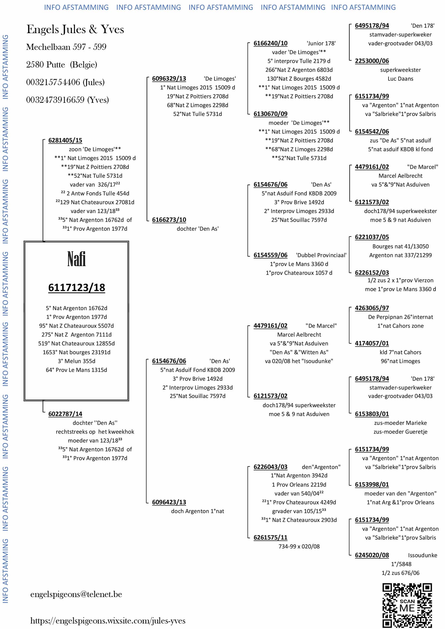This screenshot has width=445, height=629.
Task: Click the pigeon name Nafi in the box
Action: coord(76,259)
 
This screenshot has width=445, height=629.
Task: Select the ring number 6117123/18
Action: coord(76,288)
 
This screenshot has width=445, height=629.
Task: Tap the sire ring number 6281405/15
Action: coord(65,140)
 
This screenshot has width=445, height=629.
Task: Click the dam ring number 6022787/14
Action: coord(65,414)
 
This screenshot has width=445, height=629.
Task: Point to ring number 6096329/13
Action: coord(169,79)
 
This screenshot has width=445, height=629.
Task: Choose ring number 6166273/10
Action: coord(169,220)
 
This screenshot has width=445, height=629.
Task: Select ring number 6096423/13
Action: coord(169,502)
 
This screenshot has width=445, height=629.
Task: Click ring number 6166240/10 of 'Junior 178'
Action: coord(270,43)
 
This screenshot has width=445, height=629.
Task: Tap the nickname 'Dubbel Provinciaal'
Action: coord(321,255)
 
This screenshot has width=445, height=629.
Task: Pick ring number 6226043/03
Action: coord(270,467)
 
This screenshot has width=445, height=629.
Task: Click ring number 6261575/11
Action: coord(270,537)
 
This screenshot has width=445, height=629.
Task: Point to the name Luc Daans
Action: coord(400,79)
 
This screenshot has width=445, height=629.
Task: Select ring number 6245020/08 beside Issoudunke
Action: coord(372,555)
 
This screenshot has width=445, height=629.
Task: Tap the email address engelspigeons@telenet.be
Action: coord(76,594)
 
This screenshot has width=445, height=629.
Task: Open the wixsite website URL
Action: coord(108,620)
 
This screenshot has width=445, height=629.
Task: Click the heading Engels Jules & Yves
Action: coord(75,29)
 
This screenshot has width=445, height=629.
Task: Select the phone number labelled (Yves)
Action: coord(68,100)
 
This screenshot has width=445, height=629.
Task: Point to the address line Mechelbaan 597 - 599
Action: coord(66,47)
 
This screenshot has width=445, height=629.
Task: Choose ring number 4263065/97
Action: coord(372,308)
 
